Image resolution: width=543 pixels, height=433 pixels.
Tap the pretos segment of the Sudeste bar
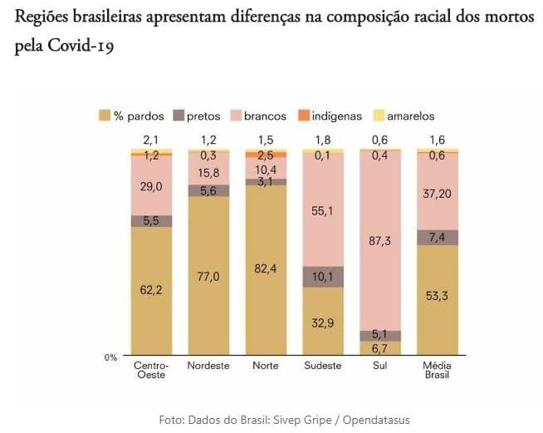(323, 276)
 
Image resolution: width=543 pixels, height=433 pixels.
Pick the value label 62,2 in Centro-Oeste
(151, 290)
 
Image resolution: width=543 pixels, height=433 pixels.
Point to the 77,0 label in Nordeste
(208, 276)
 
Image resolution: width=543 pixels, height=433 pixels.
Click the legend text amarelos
(410, 116)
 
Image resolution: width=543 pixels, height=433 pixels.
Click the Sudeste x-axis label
(323, 366)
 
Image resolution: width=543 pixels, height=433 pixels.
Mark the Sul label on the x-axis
(380, 366)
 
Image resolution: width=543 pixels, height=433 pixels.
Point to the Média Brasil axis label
(438, 370)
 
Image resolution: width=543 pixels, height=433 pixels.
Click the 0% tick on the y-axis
(110, 357)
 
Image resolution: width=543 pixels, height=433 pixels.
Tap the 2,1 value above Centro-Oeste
(151, 140)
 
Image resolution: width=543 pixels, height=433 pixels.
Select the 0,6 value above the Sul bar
(380, 140)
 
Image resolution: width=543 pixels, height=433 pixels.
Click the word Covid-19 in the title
(81, 47)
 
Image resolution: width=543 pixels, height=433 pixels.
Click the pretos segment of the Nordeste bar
(208, 190)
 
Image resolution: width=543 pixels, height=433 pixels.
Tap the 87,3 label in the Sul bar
(380, 240)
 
